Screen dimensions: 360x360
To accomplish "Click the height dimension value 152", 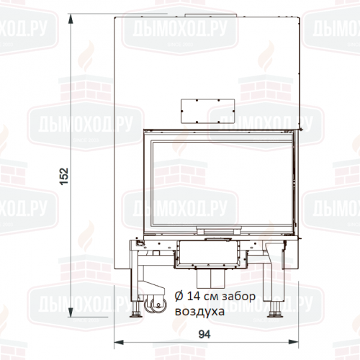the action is (64, 176).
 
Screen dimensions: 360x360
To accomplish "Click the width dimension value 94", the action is (204, 334).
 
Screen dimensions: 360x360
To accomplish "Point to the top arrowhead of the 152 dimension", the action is (71, 19).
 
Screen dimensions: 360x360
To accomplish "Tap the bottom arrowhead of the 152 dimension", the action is (71, 312).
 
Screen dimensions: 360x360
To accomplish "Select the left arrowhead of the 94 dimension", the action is (119, 342).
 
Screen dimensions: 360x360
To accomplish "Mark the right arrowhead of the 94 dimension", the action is (293, 342).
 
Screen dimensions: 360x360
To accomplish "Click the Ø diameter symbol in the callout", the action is (179, 297).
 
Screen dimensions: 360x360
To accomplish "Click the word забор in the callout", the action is (238, 297).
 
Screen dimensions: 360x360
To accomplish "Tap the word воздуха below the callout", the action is (199, 312).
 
